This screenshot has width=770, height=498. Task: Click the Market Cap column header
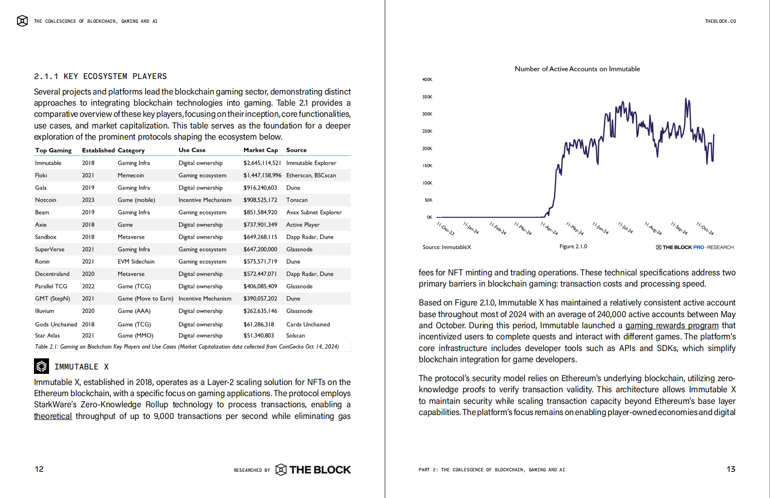click(x=261, y=150)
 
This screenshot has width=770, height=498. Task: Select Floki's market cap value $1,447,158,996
click(x=262, y=176)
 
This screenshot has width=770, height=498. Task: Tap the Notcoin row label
click(x=46, y=200)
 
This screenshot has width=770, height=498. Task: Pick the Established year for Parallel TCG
click(x=88, y=287)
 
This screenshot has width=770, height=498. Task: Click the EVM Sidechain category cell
click(x=136, y=262)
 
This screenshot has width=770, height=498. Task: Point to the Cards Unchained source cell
click(x=308, y=324)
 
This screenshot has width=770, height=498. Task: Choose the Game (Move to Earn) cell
click(x=145, y=299)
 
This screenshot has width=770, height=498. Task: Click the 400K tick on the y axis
click(x=427, y=80)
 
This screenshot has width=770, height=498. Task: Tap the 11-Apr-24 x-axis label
click(x=549, y=228)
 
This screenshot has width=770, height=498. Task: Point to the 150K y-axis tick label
click(x=427, y=166)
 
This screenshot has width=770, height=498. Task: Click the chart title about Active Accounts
click(x=577, y=69)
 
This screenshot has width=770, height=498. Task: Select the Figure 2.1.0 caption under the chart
click(x=573, y=247)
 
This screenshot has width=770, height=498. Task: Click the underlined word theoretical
click(x=53, y=416)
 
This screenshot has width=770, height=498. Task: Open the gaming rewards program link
click(x=672, y=325)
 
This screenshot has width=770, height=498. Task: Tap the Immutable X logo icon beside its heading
click(x=41, y=366)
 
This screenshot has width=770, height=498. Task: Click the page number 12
click(x=39, y=469)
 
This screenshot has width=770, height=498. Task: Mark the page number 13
click(x=731, y=469)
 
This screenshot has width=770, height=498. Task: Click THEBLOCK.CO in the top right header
click(x=720, y=21)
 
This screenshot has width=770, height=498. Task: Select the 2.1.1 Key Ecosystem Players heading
click(x=100, y=77)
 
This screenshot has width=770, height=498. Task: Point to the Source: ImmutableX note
click(x=446, y=247)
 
